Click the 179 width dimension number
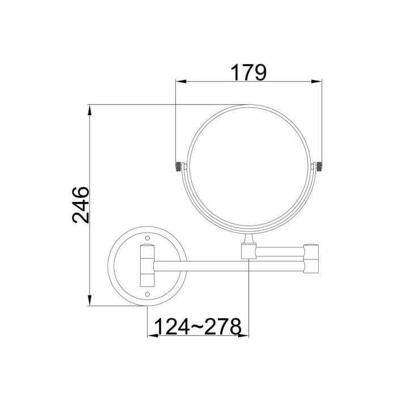coord(248,73)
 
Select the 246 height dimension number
coord(81,205)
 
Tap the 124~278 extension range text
coord(197,327)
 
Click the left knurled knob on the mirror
coord(179,166)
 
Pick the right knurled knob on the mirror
coord(319,166)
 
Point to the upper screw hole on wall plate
coord(147,238)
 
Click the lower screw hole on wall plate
coord(147,294)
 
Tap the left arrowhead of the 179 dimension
coord(181,82)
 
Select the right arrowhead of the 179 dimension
coord(316,82)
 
